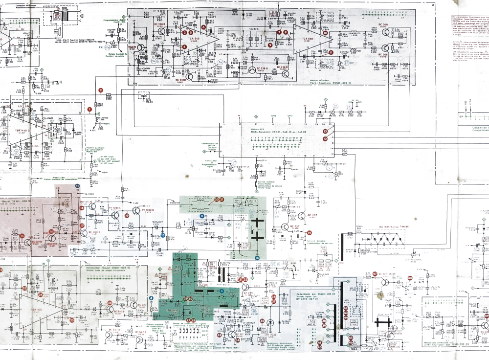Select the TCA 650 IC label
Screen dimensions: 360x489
click(x=307, y=39)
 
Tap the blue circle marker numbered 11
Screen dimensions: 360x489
click(x=77, y=186)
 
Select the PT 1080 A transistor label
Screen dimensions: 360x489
click(x=115, y=208)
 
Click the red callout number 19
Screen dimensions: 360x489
click(x=126, y=215)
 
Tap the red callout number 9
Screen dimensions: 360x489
click(x=270, y=45)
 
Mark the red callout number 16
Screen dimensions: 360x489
click(x=51, y=231)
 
